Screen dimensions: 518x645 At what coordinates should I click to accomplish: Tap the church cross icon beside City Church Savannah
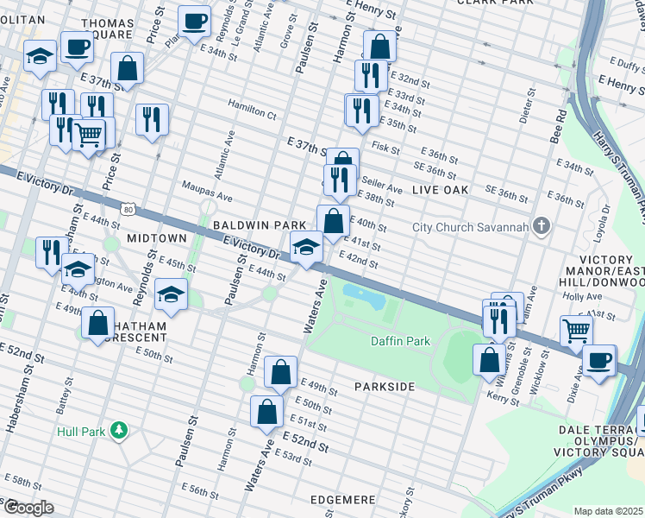[541, 227]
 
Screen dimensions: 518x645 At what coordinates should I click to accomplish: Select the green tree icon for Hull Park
[122, 430]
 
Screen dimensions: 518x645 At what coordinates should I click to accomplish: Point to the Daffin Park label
[400, 341]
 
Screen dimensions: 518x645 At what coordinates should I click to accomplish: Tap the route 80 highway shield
[128, 209]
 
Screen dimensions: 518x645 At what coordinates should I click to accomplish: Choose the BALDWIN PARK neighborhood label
[247, 224]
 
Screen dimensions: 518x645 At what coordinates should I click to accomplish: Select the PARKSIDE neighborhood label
[385, 387]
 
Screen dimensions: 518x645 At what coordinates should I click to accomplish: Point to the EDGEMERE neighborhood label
[345, 500]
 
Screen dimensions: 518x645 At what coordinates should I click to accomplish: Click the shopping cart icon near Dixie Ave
[576, 330]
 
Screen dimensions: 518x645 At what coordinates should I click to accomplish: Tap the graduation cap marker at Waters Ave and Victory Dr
[305, 248]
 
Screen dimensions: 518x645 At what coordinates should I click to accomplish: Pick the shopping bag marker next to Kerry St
[489, 359]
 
